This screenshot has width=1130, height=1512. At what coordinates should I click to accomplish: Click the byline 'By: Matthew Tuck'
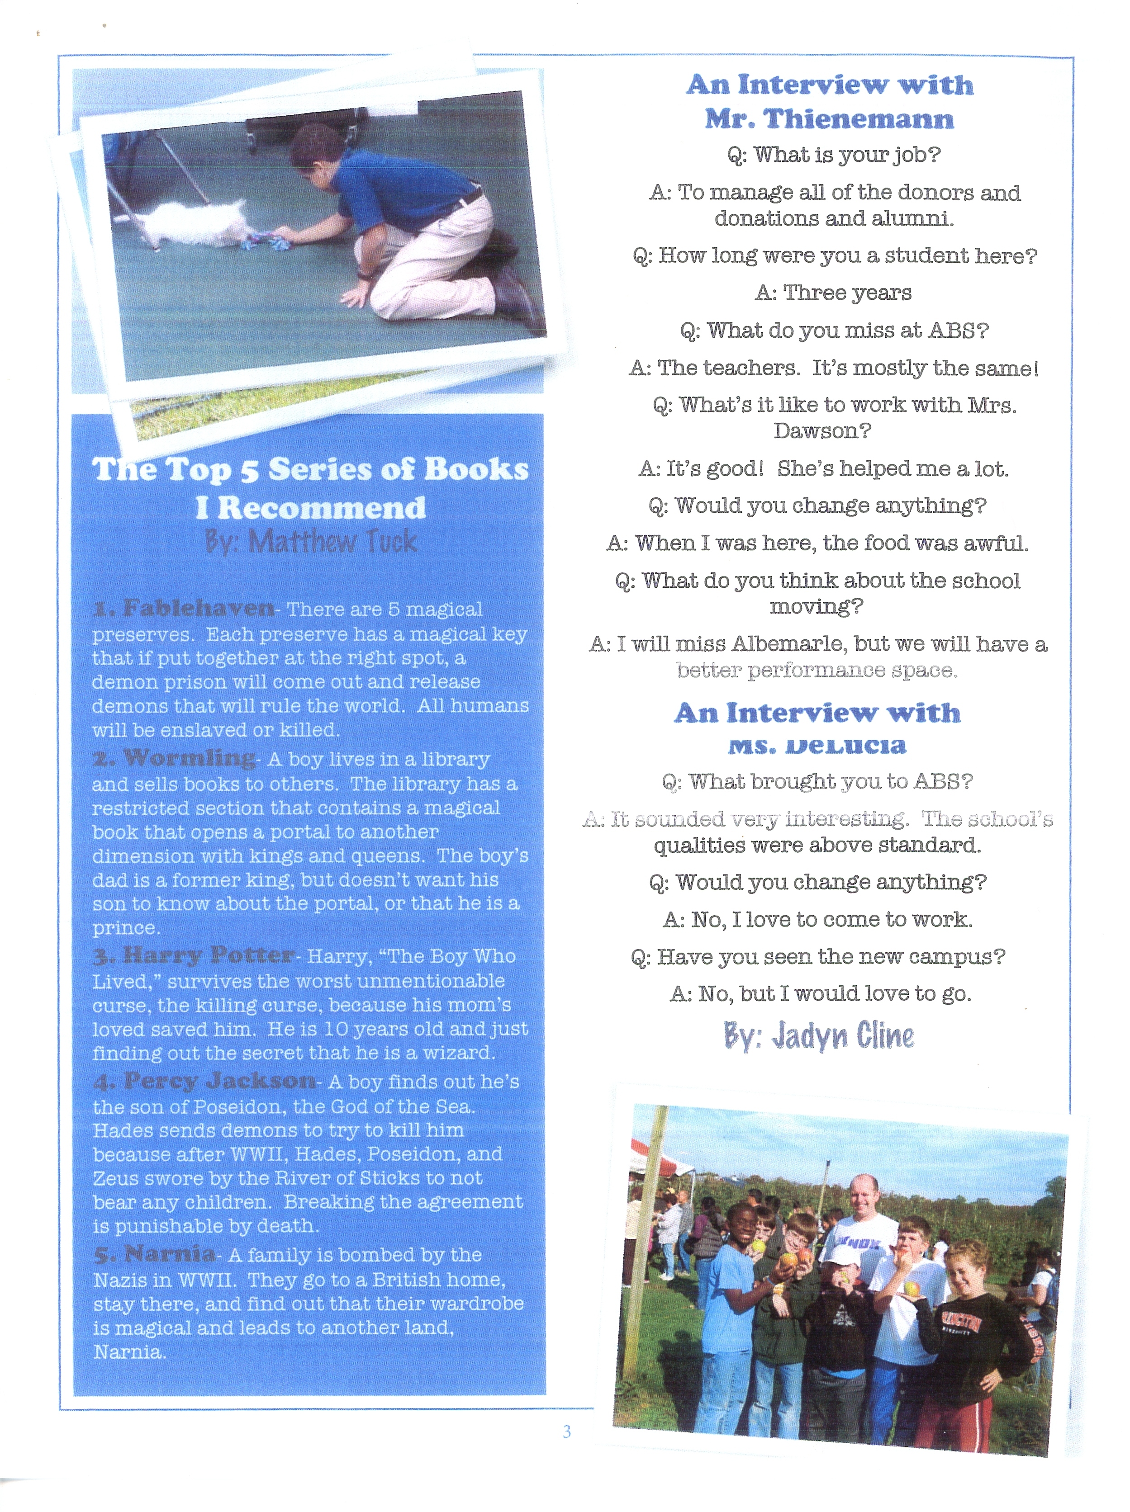click(x=311, y=542)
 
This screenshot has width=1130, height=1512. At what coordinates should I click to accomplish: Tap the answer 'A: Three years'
click(x=833, y=293)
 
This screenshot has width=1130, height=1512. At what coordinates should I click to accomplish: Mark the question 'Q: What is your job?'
click(x=834, y=155)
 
